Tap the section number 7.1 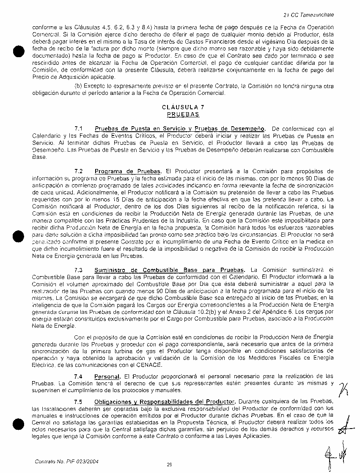[x=78, y=129]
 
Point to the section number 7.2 [x=78, y=171]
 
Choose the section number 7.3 [x=78, y=270]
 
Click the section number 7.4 [x=78, y=376]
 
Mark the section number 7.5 [x=78, y=401]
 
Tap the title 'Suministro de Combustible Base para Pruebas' [x=170, y=270]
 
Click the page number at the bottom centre [x=169, y=465]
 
